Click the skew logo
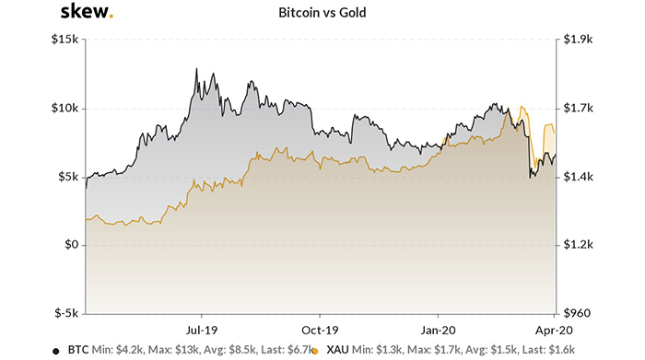pyautogui.click(x=87, y=12)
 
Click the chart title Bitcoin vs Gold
pyautogui.click(x=322, y=14)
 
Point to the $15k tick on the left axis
pyautogui.click(x=64, y=41)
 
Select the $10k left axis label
pyautogui.click(x=64, y=109)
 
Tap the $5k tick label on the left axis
pyautogui.click(x=67, y=177)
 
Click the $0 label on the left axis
pyautogui.click(x=71, y=245)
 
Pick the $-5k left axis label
pyautogui.click(x=65, y=313)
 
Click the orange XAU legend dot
pyautogui.click(x=316, y=351)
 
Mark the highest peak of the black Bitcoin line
pyautogui.click(x=196, y=69)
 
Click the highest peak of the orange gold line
pyautogui.click(x=522, y=108)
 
